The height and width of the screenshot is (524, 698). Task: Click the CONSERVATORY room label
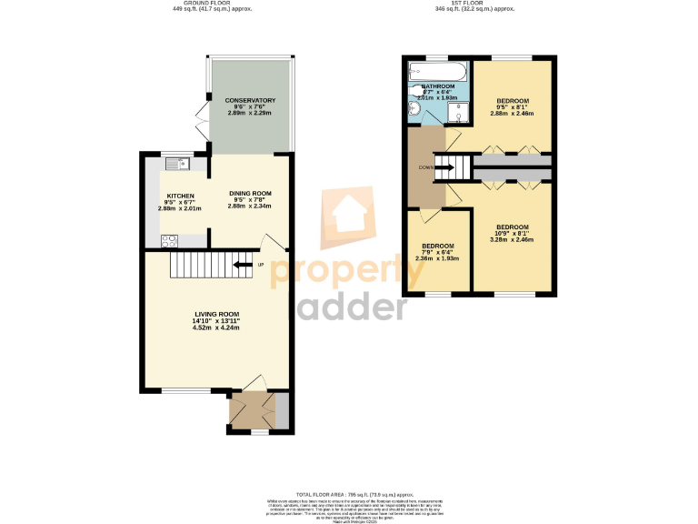tap(250, 100)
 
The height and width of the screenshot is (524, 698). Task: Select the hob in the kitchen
tap(170, 240)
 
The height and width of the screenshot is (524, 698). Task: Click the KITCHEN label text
tap(180, 196)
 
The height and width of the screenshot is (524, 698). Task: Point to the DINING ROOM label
tap(250, 193)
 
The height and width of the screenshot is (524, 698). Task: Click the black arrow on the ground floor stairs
tap(242, 265)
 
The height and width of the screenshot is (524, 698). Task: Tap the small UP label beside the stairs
tap(261, 265)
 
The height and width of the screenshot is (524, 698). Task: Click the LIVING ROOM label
tap(215, 314)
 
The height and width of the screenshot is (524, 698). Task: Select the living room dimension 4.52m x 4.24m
tap(215, 327)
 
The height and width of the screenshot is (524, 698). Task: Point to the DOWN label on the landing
tap(425, 167)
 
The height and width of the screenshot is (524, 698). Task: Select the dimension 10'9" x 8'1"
tap(513, 233)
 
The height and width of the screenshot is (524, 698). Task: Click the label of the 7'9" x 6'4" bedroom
tap(437, 246)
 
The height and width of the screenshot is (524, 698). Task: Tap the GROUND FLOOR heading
tap(212, 4)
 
